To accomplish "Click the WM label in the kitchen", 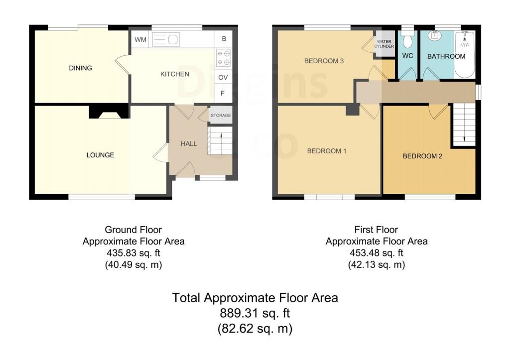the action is (140, 40).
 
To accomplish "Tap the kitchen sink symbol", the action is (166, 40).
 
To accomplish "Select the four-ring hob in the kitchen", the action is (224, 58).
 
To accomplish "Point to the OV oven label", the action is (223, 77).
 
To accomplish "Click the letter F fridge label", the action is (223, 93).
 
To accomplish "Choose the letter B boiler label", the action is (224, 39).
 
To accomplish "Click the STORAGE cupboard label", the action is (221, 116).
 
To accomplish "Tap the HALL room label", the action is (189, 144).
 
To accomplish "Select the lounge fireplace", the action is (109, 112).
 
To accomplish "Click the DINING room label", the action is (80, 68).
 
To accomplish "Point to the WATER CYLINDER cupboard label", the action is (384, 44).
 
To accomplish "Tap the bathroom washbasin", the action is (434, 35).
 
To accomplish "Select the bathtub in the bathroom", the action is (465, 55).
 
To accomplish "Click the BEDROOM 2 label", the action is (422, 156).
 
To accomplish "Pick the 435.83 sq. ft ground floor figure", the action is (133, 252).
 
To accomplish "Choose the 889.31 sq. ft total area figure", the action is (255, 313).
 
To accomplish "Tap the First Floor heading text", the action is (376, 230).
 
